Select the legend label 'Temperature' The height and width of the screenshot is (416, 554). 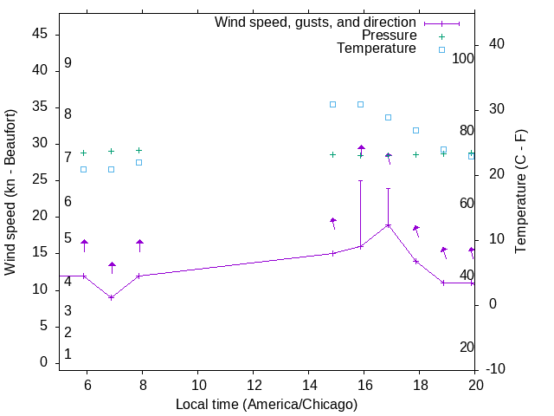pos(377,49)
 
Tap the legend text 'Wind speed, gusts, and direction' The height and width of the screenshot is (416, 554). pos(316,23)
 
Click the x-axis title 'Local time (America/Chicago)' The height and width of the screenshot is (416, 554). pos(267,404)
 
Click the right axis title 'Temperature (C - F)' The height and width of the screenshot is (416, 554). pos(520,192)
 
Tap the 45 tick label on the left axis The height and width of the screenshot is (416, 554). pos(40,34)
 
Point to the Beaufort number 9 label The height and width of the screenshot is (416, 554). pos(68,63)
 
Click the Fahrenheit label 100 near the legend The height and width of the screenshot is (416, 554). pos(464,58)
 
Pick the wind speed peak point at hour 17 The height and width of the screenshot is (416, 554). pos(389,225)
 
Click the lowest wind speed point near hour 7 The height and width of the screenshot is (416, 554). pos(112,297)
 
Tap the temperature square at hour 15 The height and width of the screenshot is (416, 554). pos(333,104)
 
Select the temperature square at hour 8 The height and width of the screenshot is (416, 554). pos(139,162)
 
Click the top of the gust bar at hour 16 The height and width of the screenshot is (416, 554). pos(361,181)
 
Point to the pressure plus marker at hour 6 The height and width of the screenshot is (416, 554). pos(84,153)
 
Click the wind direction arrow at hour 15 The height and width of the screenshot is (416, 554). pos(333,222)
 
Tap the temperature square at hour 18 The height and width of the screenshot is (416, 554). pos(416,130)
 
